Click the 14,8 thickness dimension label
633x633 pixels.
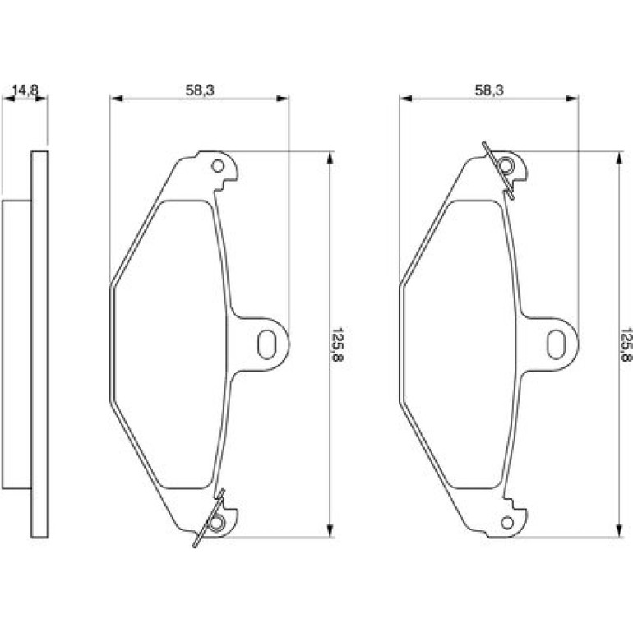[x=25, y=90]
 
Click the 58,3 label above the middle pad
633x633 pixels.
[x=200, y=90]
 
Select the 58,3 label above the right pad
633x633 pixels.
[x=489, y=90]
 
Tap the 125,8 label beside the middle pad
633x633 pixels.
[x=338, y=344]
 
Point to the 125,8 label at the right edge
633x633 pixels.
[x=626, y=344]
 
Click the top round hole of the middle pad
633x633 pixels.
[x=218, y=166]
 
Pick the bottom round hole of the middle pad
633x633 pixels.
[x=217, y=523]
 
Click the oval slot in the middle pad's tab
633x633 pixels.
[x=266, y=344]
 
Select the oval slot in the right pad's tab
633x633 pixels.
[x=556, y=344]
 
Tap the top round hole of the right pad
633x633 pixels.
[x=506, y=166]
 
